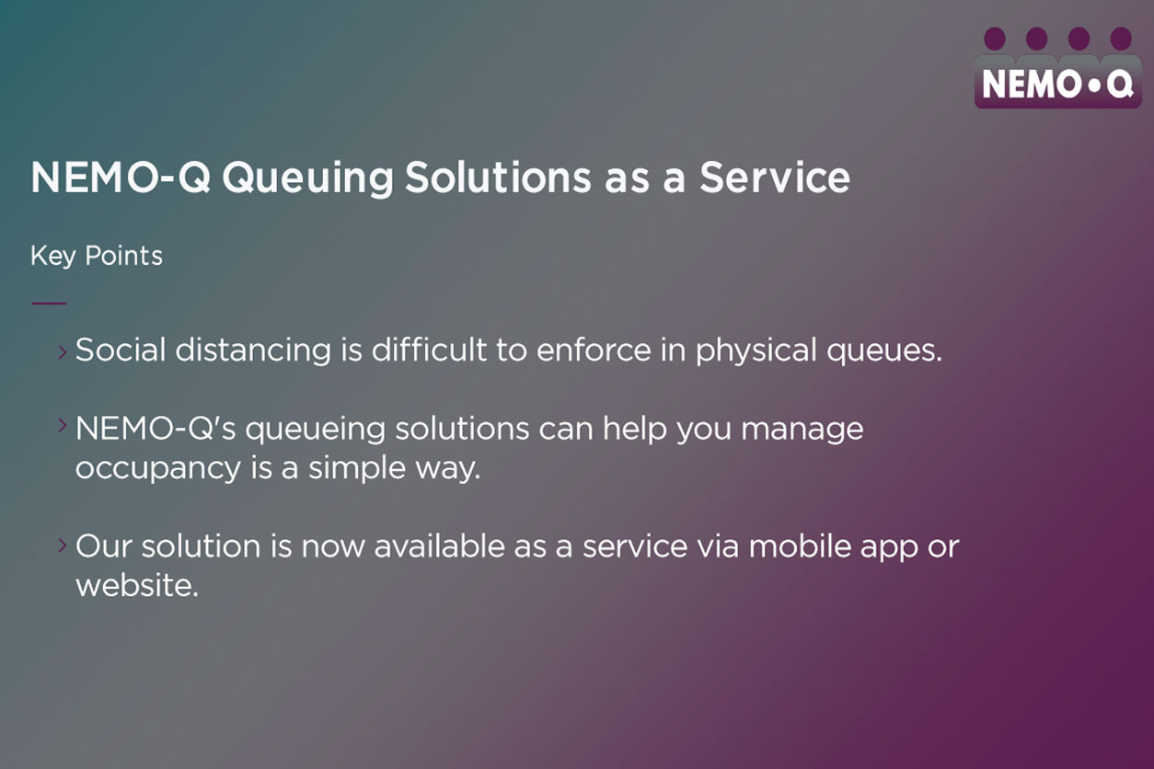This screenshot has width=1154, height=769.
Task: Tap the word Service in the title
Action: (774, 178)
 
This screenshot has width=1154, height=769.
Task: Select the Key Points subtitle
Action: (97, 256)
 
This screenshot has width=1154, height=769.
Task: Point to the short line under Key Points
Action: (49, 302)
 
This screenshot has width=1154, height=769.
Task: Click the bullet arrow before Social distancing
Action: (63, 350)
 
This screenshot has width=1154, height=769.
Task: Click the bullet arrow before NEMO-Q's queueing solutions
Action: (63, 425)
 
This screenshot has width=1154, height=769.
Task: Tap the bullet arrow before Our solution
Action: (63, 545)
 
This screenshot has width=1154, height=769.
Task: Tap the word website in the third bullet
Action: (136, 586)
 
